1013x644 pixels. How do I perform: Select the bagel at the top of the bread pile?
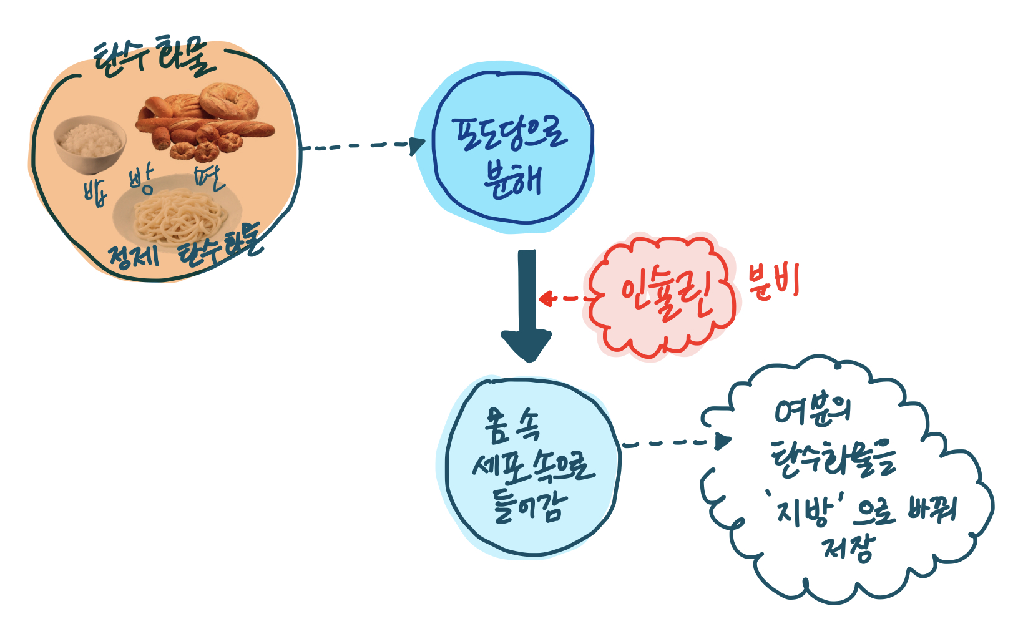pos(229,101)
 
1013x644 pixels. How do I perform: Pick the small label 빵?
pos(141,182)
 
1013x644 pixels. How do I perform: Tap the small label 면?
pos(208,178)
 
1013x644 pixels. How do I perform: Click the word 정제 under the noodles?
pos(133,256)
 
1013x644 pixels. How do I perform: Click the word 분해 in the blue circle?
pos(512,181)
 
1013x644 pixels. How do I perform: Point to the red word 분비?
pos(773,283)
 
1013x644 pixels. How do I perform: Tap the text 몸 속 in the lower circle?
pos(512,426)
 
